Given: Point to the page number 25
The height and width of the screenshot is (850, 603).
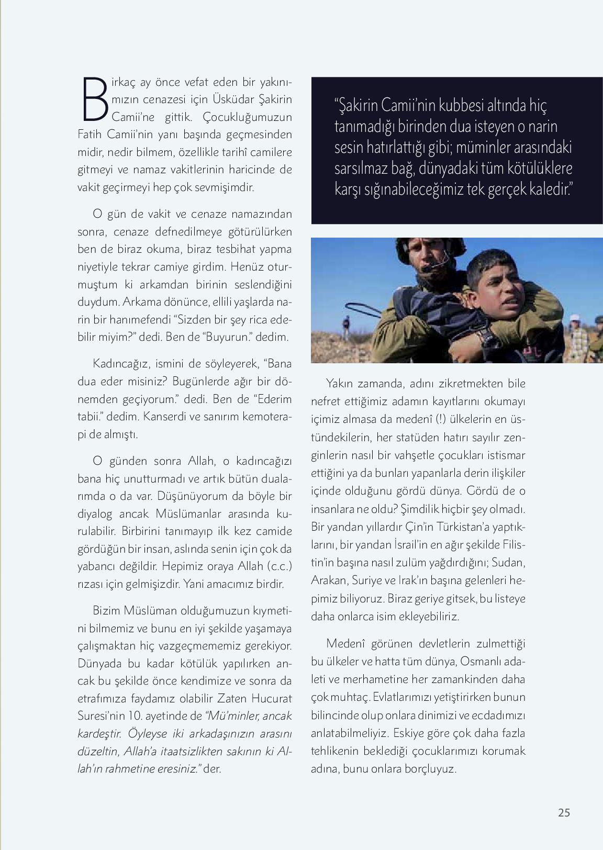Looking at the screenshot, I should [x=564, y=812].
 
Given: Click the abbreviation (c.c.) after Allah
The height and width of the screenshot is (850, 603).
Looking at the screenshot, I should [x=278, y=566].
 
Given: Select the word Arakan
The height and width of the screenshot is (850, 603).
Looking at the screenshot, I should [x=328, y=580].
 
